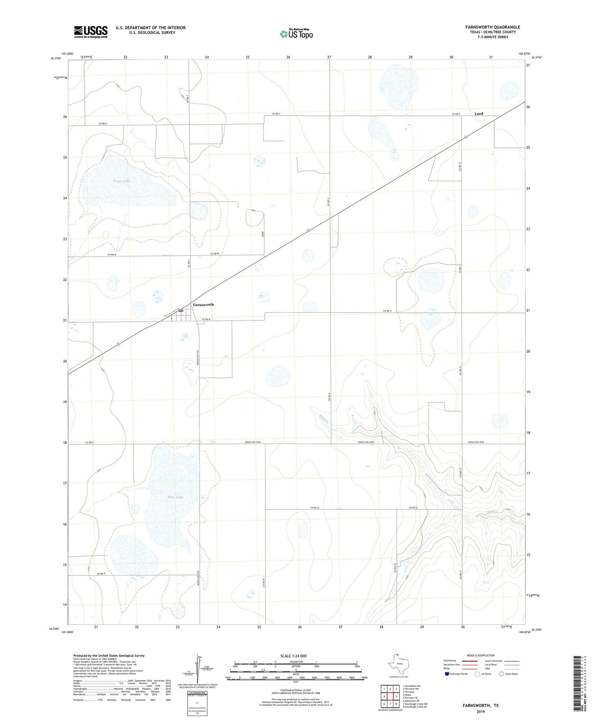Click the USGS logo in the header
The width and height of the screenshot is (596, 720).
pos(91,32)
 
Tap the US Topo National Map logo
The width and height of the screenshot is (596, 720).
pos(296,34)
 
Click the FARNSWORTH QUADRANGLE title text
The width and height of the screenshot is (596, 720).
pos(493,27)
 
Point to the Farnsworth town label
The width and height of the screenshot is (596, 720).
pos(203,305)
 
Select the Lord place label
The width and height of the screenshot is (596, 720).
pos(479,114)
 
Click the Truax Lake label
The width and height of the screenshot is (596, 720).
pos(121,181)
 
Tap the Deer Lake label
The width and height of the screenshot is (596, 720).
pos(175,497)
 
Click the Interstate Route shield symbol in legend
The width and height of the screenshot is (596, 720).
pos(447,674)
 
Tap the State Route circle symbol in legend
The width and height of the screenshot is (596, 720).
pos(501,674)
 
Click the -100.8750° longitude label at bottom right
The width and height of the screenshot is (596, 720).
pos(525,632)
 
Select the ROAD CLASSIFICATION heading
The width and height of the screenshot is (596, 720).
pos(481,655)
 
